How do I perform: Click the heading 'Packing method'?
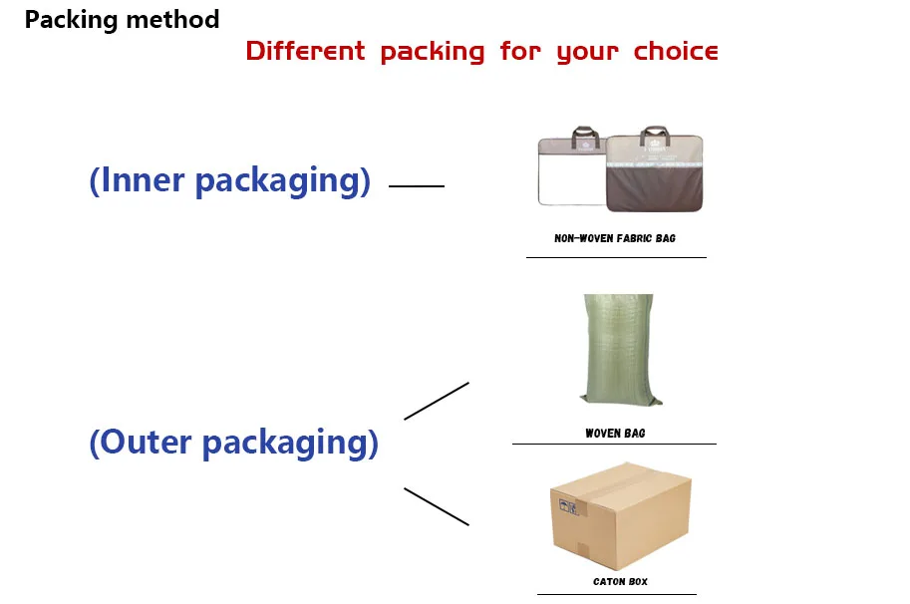(122, 19)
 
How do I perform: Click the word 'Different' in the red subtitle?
(306, 51)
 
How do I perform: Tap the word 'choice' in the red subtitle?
(676, 51)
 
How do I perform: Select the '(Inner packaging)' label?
(230, 180)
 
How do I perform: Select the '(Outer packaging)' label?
(234, 442)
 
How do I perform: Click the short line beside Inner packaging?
(416, 185)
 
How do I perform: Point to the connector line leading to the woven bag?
(436, 401)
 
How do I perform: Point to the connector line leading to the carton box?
(436, 506)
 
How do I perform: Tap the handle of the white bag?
(581, 133)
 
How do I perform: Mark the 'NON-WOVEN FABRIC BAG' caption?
(615, 239)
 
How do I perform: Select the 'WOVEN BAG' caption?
(615, 434)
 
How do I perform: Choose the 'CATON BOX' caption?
(620, 581)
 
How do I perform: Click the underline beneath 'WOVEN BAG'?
(614, 444)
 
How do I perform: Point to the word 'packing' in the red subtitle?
(433, 52)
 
